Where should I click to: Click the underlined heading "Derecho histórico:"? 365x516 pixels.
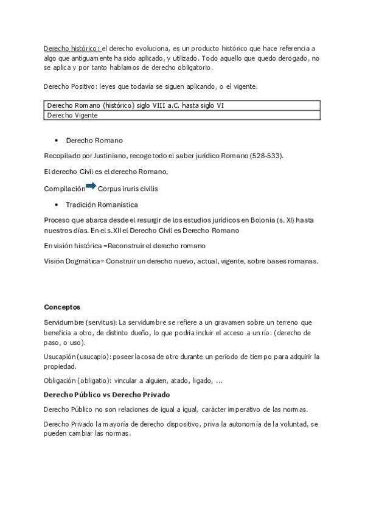point(72,48)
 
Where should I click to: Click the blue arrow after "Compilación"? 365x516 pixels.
point(91,186)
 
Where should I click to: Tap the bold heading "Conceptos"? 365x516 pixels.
point(62,307)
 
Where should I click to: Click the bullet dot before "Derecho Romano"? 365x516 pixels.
point(57,141)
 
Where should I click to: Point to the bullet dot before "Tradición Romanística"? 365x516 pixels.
point(57,204)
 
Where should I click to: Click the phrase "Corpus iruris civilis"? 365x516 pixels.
point(127,189)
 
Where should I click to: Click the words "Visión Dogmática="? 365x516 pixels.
point(74,261)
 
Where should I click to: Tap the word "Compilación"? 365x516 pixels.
point(64,189)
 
